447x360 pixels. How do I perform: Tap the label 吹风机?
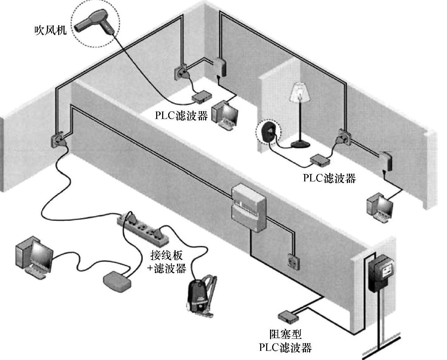(x=50, y=30)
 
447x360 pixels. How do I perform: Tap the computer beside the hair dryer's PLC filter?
(x=225, y=115)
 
